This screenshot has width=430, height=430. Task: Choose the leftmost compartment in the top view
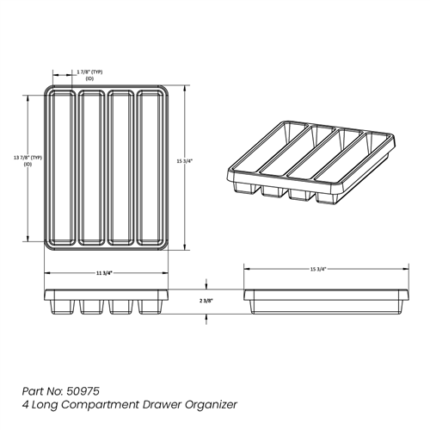[x=63, y=166]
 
